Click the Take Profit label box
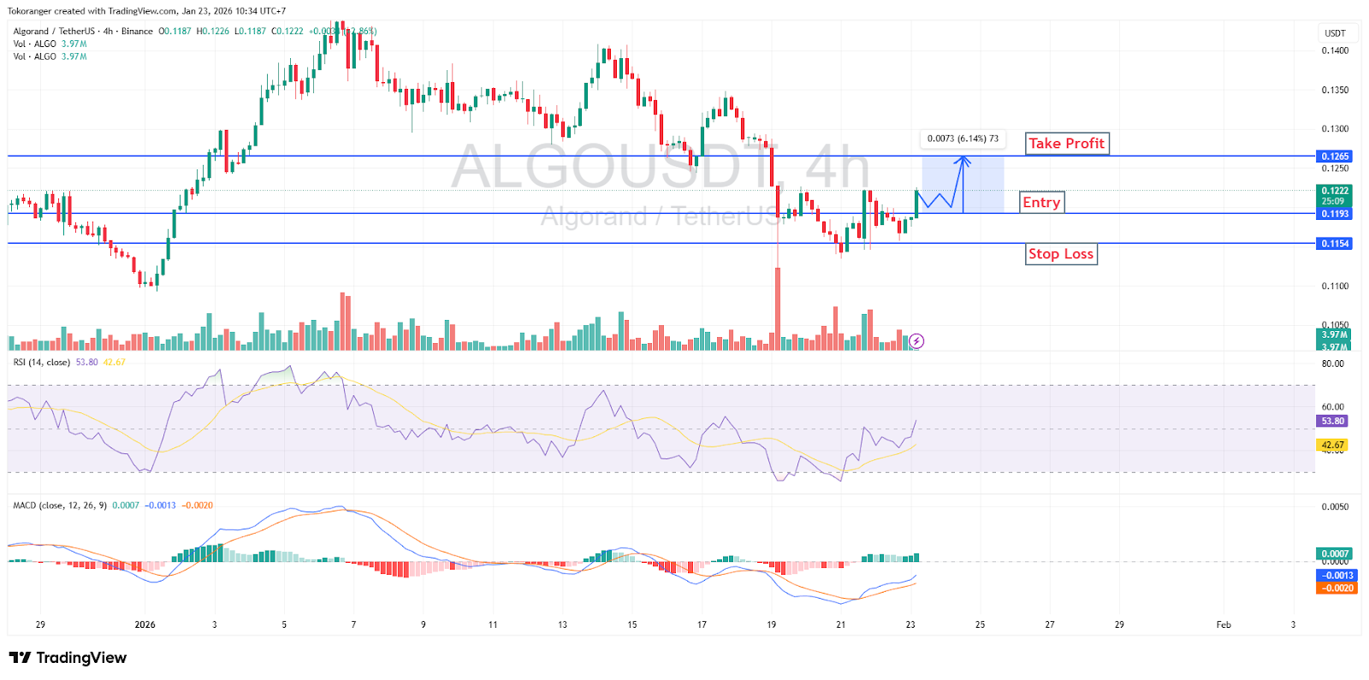click(1066, 144)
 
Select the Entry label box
click(1041, 203)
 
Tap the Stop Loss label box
click(1061, 254)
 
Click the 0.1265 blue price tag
click(1334, 157)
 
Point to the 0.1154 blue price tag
click(1334, 244)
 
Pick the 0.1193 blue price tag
click(1334, 214)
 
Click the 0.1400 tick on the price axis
click(1335, 50)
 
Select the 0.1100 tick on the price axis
click(1335, 287)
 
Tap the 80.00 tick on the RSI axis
click(1332, 364)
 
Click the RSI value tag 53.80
click(1332, 421)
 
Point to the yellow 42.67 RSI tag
click(1332, 445)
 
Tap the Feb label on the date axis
click(1224, 624)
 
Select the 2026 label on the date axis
click(145, 624)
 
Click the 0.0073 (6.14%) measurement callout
click(963, 139)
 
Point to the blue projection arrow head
click(963, 159)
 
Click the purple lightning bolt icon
click(916, 341)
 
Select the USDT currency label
click(1335, 33)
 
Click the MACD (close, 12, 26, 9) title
click(60, 506)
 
